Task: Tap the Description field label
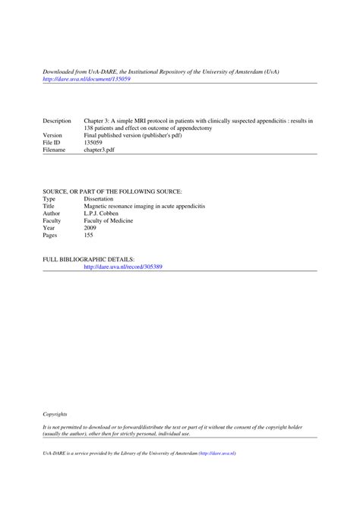(57, 122)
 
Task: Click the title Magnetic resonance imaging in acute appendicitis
(144, 206)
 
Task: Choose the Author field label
(52, 213)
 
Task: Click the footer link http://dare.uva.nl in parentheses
(217, 453)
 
